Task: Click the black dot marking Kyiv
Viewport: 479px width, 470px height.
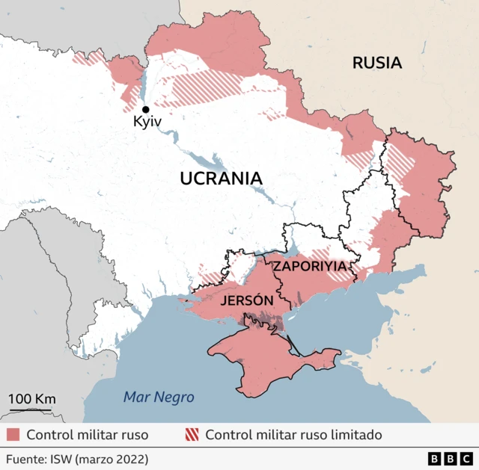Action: tap(146, 109)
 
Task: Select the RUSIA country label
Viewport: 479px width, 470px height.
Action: tap(376, 64)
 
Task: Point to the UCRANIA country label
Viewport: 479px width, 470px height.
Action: tap(221, 179)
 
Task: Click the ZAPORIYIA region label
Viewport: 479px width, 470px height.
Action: tap(310, 265)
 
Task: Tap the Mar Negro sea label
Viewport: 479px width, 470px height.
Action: tap(159, 398)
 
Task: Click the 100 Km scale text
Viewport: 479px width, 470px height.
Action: tap(31, 398)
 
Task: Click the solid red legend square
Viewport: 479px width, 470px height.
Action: tap(13, 435)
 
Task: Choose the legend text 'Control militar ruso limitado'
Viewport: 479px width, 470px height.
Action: tap(293, 435)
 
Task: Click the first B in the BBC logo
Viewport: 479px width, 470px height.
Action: tap(435, 458)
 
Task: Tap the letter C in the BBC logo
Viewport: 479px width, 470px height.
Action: tap(466, 458)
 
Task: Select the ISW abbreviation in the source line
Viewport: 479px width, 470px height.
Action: tap(63, 458)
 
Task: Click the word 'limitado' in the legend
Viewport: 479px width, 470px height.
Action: tap(355, 435)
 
